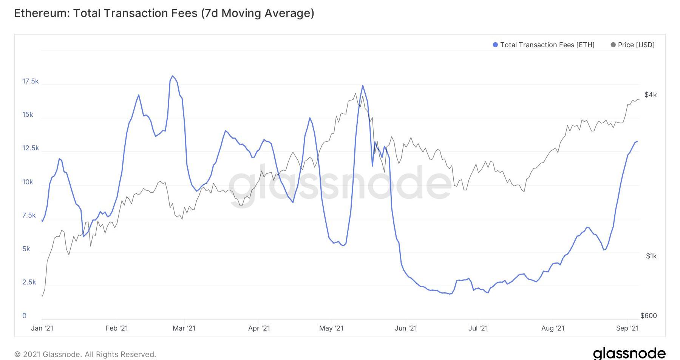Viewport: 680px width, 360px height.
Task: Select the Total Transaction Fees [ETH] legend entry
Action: pos(547,45)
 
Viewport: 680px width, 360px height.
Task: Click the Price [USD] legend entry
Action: pos(636,45)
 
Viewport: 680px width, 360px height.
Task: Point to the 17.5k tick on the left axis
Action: pos(30,81)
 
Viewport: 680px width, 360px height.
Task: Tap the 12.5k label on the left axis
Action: pos(30,148)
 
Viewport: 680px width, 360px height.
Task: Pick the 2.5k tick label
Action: pos(29,282)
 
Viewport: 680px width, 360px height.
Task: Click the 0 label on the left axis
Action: pos(25,316)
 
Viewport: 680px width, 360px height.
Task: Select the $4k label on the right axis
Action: pos(651,95)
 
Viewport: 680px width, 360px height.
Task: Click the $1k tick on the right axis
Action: pos(651,256)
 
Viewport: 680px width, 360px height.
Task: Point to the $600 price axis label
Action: pos(649,316)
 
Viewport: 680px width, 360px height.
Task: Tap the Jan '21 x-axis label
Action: pos(42,328)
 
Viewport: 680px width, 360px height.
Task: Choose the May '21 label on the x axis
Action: pos(331,328)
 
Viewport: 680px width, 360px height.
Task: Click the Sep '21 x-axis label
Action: pos(627,328)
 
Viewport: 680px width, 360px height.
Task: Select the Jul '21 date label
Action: pos(478,328)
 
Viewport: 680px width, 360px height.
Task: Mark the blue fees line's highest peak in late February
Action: pos(172,76)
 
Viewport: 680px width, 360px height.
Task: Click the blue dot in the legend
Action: pos(495,45)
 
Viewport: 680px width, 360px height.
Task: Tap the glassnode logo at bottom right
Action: pos(629,354)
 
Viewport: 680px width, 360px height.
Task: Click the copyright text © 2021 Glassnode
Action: pos(85,354)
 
